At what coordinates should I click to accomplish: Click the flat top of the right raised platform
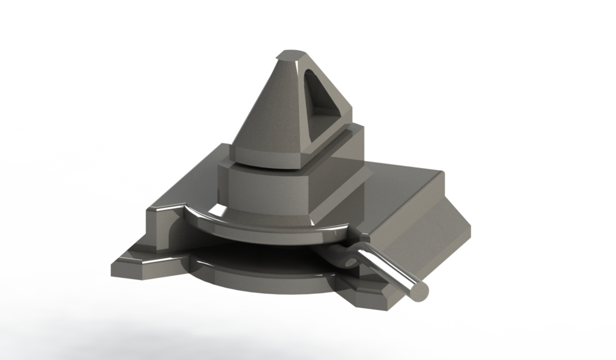click(398, 193)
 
